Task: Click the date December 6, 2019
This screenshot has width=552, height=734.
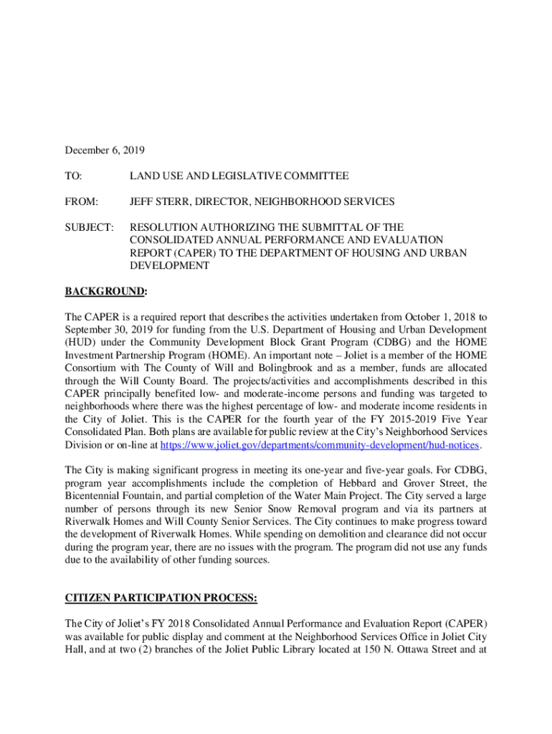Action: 105,151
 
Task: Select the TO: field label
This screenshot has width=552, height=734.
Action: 74,176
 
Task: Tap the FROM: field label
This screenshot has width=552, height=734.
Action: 81,202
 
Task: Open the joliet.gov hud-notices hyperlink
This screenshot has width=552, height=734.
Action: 320,446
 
